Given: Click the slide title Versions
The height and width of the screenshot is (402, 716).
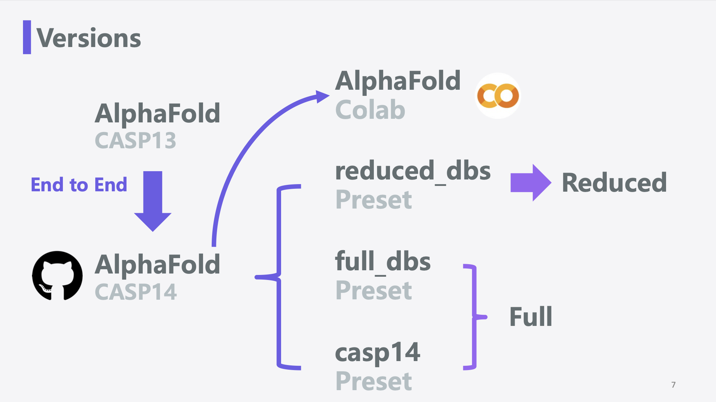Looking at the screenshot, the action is coord(89,38).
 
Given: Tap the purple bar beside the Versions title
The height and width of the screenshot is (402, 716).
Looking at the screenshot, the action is coord(27,37).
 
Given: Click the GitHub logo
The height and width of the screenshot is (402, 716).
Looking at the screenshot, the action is coord(57,276).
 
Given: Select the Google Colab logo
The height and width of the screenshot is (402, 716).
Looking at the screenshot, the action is coord(498,96).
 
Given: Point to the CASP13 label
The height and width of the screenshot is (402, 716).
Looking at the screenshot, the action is coord(136,140).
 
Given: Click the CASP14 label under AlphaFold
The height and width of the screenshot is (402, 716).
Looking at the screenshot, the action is coord(136,292).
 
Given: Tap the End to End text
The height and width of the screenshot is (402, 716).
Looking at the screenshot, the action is coord(79,185).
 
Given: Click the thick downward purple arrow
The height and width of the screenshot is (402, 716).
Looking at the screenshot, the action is coord(153,201).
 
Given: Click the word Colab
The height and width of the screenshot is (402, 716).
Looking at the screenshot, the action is coord(370,110).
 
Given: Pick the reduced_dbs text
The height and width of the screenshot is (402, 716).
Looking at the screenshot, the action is coord(413,171).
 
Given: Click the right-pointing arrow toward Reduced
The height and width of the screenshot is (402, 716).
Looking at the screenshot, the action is coord(531,183).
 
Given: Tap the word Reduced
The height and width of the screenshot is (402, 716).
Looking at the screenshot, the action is coord(614,183).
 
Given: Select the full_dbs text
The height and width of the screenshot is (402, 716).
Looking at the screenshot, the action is coord(383,262).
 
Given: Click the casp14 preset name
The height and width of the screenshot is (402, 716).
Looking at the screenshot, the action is coord(377,352).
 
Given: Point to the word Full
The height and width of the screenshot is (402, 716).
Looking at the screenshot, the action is coord(531,317).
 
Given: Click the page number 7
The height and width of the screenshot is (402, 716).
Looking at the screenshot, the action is coord(673,385).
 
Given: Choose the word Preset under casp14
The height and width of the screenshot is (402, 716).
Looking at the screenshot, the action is coord(374,381).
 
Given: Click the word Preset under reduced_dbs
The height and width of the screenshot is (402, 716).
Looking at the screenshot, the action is coord(374,200).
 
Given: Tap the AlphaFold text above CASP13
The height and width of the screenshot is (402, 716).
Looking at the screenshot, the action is coord(157,113).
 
